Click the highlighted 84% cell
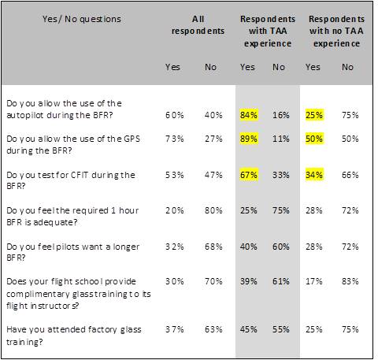tap(249, 115)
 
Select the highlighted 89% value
tap(249, 139)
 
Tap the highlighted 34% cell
tap(314, 175)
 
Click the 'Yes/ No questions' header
tap(82, 19)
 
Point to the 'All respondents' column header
tap(198, 25)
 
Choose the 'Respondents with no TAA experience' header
tap(336, 32)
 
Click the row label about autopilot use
tap(64, 109)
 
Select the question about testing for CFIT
tap(71, 180)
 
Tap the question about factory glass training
tap(74, 336)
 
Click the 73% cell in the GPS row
tap(175, 139)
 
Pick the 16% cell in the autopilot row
tap(281, 115)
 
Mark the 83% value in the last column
tap(350, 281)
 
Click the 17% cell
tap(314, 281)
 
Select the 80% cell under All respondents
tap(213, 210)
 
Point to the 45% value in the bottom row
tap(249, 329)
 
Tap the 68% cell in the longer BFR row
tap(213, 247)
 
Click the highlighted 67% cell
tap(249, 175)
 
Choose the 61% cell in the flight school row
tap(281, 281)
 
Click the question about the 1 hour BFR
tap(72, 217)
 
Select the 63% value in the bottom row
tap(213, 329)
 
